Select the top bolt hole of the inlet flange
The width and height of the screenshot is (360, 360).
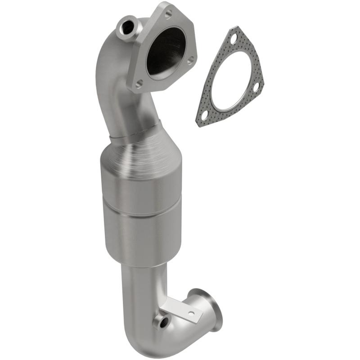(168, 14)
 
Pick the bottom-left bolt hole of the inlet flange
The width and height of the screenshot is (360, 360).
(139, 83)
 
